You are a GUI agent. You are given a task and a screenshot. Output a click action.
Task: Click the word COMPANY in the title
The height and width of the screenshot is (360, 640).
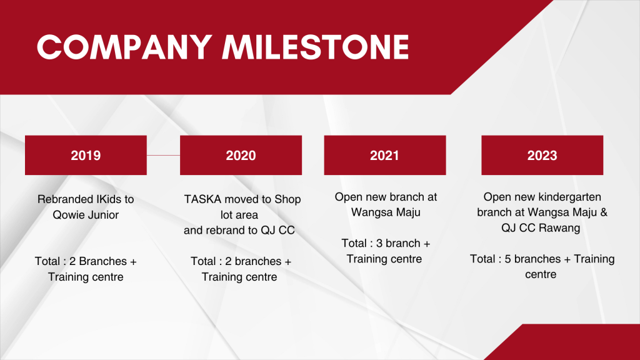(x=124, y=47)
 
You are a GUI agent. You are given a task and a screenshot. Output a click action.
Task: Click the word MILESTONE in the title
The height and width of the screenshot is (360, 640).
(x=316, y=47)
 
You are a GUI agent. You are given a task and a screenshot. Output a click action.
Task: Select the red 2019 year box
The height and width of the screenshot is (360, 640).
(x=86, y=155)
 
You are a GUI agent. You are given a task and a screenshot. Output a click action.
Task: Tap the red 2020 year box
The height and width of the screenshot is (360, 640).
(x=241, y=155)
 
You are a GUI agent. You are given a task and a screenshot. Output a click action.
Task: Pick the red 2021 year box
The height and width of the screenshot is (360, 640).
(x=385, y=155)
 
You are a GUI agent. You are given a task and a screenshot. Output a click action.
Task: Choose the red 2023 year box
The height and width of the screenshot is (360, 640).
(x=542, y=155)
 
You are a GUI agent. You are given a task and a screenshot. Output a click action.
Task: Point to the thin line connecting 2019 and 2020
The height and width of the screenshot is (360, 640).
(x=163, y=155)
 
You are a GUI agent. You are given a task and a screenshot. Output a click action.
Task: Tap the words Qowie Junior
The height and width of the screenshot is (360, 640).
(x=86, y=215)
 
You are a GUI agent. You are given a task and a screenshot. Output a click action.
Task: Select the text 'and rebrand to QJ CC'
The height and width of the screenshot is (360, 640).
(x=239, y=230)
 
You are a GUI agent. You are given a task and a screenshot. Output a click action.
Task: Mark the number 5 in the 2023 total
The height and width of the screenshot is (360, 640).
(x=507, y=259)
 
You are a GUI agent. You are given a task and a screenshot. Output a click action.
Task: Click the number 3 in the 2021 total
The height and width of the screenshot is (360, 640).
(x=379, y=243)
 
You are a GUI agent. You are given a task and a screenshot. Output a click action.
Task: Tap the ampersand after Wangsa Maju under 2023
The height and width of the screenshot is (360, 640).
(x=604, y=212)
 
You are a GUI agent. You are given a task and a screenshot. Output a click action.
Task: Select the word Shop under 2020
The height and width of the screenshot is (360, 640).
(x=287, y=199)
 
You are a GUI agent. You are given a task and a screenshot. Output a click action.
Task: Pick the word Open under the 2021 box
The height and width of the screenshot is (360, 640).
(x=347, y=197)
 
